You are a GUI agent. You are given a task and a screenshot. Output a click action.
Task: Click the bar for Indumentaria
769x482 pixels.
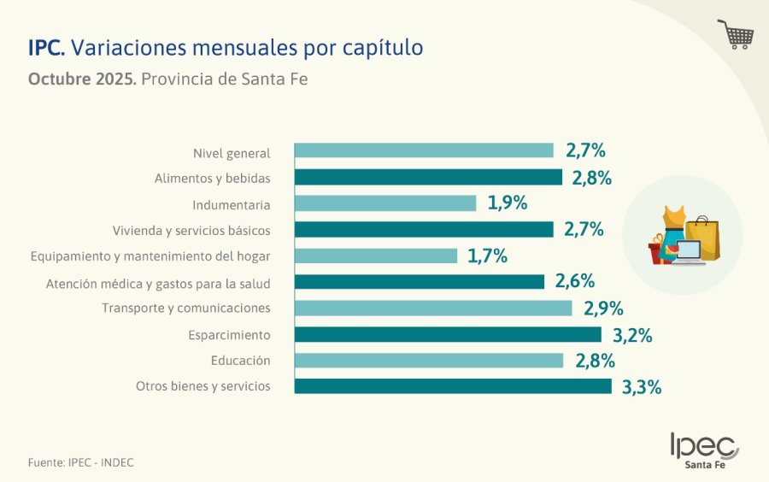[x=385, y=203]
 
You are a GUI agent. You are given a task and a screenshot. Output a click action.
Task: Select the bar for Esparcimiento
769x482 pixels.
[x=448, y=334]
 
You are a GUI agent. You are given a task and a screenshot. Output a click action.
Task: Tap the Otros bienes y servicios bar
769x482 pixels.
[x=453, y=386]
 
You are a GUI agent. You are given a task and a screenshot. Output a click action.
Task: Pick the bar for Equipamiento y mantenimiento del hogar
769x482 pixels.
[x=376, y=256]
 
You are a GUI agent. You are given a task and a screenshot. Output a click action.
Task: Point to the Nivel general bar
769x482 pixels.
[x=424, y=150]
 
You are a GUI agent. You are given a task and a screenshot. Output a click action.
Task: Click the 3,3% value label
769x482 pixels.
[x=642, y=387]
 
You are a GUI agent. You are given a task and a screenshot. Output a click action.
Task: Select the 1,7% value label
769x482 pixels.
[x=488, y=256]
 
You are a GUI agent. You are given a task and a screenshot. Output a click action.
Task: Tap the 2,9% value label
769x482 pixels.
[x=603, y=309]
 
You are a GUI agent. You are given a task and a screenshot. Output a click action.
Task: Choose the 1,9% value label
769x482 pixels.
[x=507, y=203]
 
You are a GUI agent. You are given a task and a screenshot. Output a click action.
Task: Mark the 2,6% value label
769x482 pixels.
[x=575, y=282]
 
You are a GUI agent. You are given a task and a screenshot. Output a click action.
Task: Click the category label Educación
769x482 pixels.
[x=240, y=361]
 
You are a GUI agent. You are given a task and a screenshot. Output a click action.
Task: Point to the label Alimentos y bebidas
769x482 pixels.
[x=212, y=179]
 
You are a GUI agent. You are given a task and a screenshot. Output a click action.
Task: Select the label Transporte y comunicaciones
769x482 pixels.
[x=185, y=308]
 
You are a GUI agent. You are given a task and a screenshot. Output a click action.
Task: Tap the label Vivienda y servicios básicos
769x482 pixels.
[x=191, y=231]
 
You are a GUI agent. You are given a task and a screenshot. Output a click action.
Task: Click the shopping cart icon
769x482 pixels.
[x=736, y=34]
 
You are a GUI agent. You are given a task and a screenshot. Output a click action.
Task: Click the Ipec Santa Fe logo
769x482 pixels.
[x=705, y=450]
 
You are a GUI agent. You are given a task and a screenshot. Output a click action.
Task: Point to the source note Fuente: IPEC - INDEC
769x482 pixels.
[x=81, y=462]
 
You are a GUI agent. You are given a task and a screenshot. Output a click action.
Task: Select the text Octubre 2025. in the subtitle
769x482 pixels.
[x=82, y=79]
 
